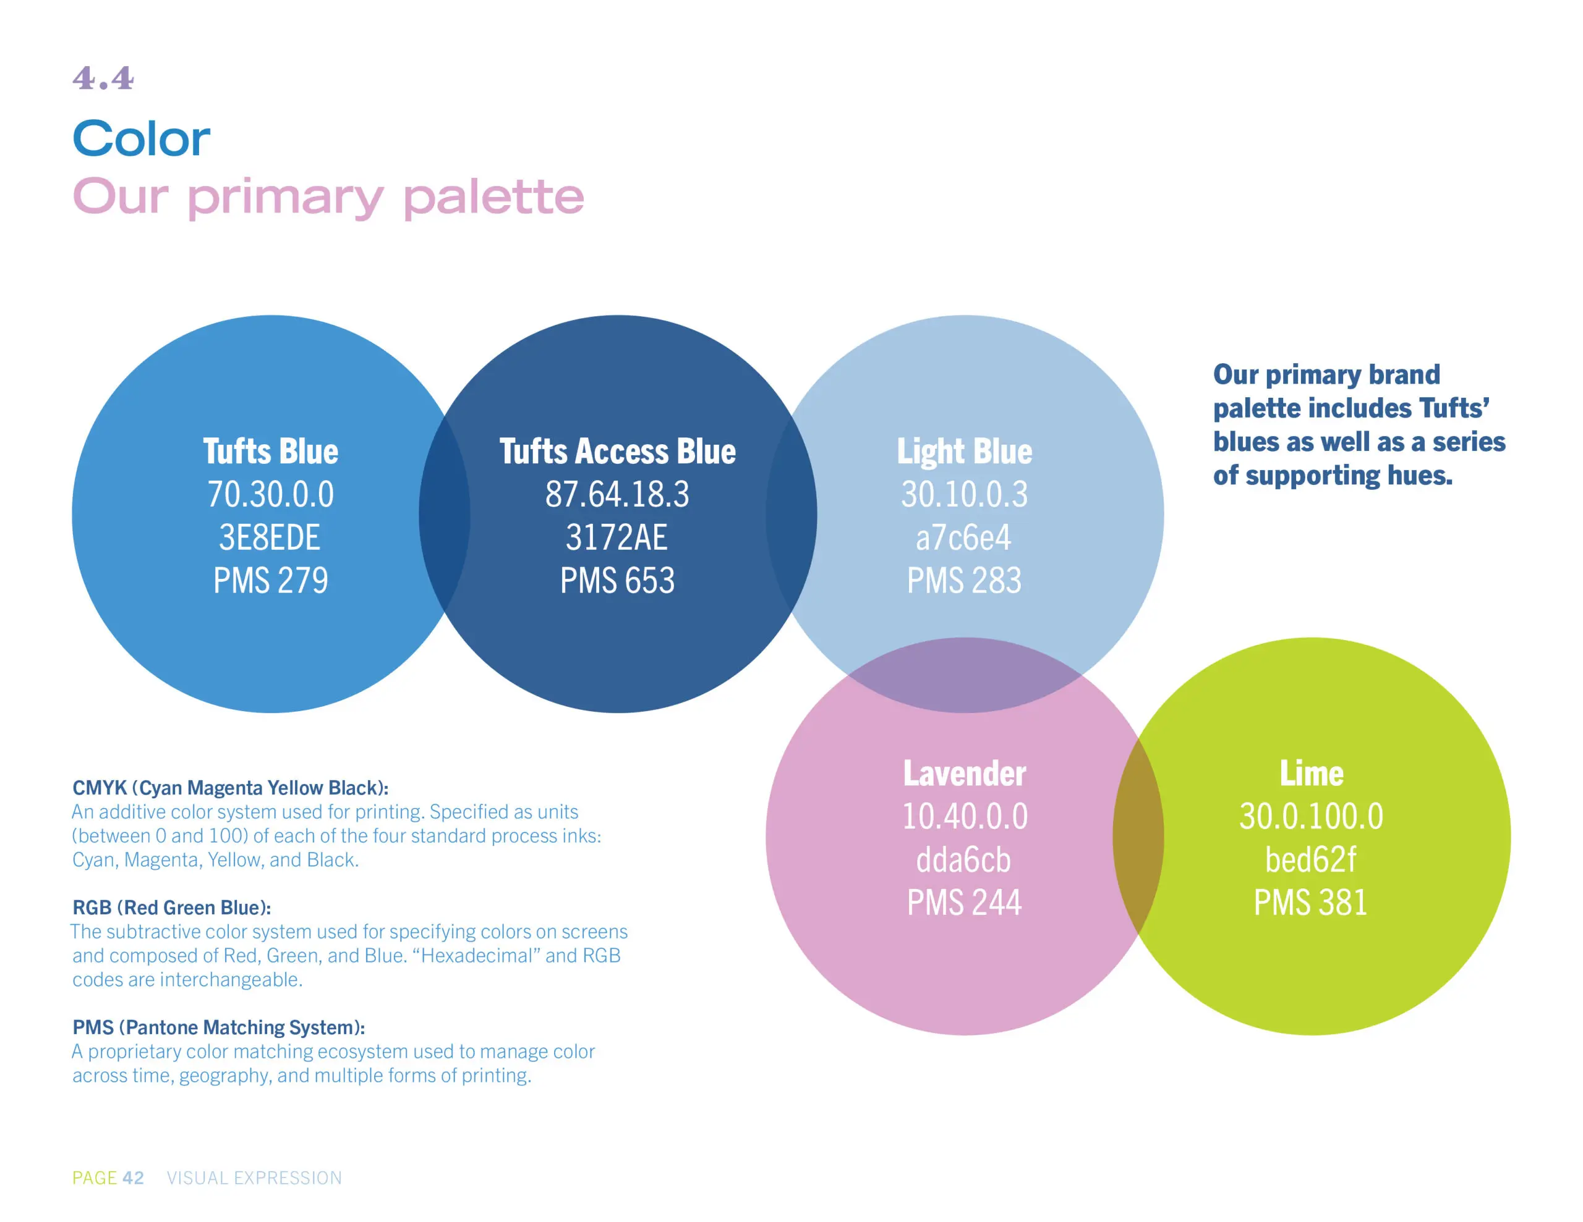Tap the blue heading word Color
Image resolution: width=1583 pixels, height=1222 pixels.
[142, 138]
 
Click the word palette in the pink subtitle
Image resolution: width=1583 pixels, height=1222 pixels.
[493, 197]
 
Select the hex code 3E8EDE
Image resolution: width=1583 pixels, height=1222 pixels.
[270, 537]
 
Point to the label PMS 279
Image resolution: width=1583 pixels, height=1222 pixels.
[270, 580]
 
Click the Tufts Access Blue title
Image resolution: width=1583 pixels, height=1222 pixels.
[618, 451]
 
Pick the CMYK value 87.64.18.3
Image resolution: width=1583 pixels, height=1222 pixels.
[618, 494]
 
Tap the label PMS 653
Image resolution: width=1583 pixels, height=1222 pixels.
[618, 580]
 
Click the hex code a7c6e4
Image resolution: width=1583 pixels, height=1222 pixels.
[963, 537]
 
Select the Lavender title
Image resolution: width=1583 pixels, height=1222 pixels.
[965, 773]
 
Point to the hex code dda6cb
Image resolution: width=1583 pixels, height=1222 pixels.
[963, 860]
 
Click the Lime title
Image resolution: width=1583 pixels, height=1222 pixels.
[1312, 773]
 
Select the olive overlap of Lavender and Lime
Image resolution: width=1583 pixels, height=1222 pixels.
[1138, 836]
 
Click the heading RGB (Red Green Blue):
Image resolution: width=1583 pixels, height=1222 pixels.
[172, 908]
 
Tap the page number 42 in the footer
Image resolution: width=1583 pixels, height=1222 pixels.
[134, 1178]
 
